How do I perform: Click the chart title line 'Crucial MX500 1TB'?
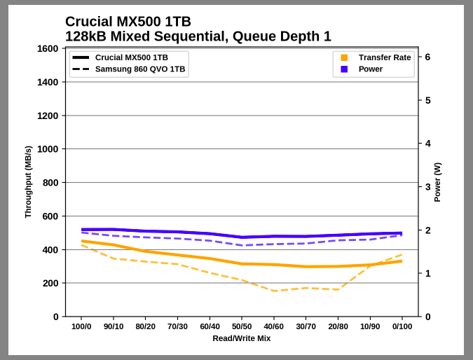pos(128,22)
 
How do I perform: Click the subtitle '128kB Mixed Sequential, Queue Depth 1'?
pos(198,36)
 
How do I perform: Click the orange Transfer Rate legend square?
pos(344,57)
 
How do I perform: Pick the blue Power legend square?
pos(344,69)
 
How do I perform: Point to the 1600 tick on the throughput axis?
pos(47,48)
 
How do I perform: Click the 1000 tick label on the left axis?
pos(47,149)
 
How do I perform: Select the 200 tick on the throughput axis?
pos(50,283)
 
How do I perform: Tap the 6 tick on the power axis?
pos(427,57)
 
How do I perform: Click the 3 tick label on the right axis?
pos(427,186)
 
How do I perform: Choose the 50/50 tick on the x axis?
pos(242,326)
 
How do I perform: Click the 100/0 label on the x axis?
pos(81,326)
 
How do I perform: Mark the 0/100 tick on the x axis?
pos(402,326)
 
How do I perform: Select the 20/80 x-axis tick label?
pos(338,326)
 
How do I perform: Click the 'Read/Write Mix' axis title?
pos(242,338)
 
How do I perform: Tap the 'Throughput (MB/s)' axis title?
pos(28,182)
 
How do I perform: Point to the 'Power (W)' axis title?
pos(437,182)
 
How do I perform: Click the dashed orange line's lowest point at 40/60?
pos(274,291)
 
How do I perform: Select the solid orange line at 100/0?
pos(82,241)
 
